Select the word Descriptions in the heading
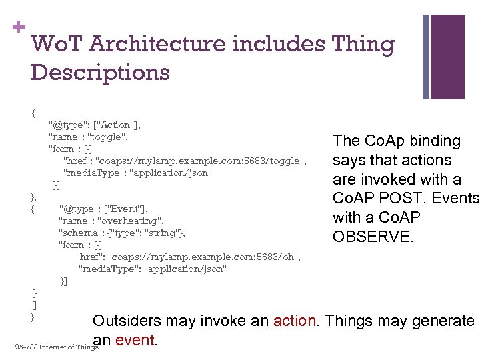(x=100, y=72)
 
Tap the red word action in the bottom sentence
(x=295, y=321)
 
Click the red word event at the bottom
(x=135, y=341)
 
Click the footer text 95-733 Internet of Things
(x=57, y=347)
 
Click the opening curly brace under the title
(x=33, y=113)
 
